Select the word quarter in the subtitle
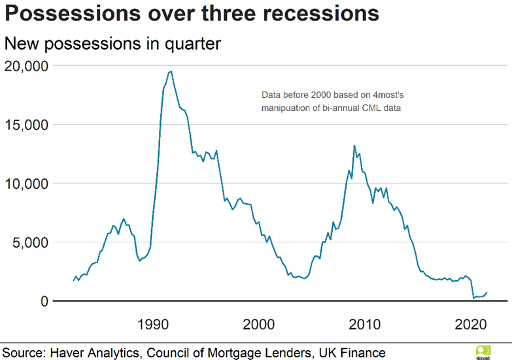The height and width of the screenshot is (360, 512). pos(191,44)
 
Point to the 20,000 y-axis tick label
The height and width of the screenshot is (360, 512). pos(26,66)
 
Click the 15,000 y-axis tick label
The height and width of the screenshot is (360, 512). pos(26,125)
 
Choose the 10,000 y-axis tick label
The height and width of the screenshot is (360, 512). pos(26,184)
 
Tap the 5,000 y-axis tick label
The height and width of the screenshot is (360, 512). pos(29,242)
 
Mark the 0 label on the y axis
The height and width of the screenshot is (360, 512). pos(43,301)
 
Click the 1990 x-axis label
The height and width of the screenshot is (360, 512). pos(154,324)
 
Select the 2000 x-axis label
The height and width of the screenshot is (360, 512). pos(260,324)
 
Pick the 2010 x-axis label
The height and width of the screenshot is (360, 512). pos(366,324)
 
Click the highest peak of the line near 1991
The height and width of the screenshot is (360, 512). pos(171,71)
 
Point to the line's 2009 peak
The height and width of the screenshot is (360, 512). pos(354,146)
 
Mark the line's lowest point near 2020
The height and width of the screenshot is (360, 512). pos(473,299)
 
